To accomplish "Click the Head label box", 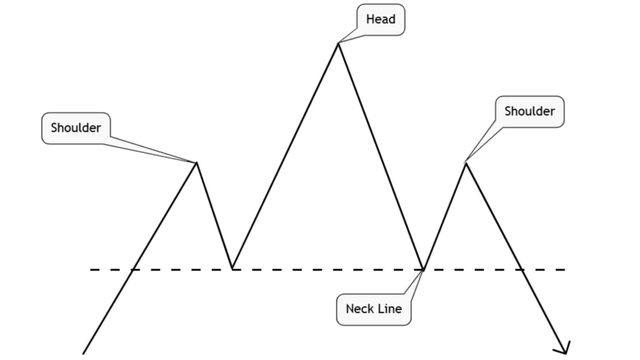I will pyautogui.click(x=381, y=19).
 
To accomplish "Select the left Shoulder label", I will pyautogui.click(x=76, y=128).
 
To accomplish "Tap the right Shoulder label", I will pyautogui.click(x=529, y=112).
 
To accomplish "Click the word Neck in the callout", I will pyautogui.click(x=360, y=308).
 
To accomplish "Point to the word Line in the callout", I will pyautogui.click(x=389, y=308).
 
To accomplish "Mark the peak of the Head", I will pyautogui.click(x=339, y=44).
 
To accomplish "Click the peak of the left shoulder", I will pyautogui.click(x=197, y=162).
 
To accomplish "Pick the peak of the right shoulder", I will pyautogui.click(x=465, y=163).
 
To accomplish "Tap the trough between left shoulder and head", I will pyautogui.click(x=232, y=269).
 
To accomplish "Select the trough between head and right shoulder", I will pyautogui.click(x=424, y=269).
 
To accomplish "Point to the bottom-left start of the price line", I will pyautogui.click(x=84, y=353).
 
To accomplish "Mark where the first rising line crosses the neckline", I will pyautogui.click(x=132, y=269).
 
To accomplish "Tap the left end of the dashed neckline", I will pyautogui.click(x=91, y=269).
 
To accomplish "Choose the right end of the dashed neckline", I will pyautogui.click(x=564, y=269).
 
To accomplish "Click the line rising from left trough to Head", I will pyautogui.click(x=286, y=156).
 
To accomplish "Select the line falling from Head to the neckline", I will pyautogui.click(x=381, y=156).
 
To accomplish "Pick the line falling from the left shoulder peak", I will pyautogui.click(x=214, y=216).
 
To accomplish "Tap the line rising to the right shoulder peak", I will pyautogui.click(x=444, y=216).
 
